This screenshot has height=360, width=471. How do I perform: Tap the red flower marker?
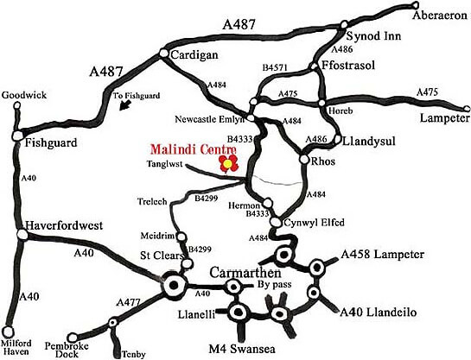pyautogui.click(x=227, y=163)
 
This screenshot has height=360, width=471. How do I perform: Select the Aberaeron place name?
pyautogui.click(x=417, y=15)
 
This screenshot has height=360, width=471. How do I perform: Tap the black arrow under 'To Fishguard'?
pyautogui.click(x=127, y=104)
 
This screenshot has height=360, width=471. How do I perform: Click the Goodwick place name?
pyautogui.click(x=22, y=94)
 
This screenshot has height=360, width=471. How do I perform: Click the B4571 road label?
pyautogui.click(x=275, y=66)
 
